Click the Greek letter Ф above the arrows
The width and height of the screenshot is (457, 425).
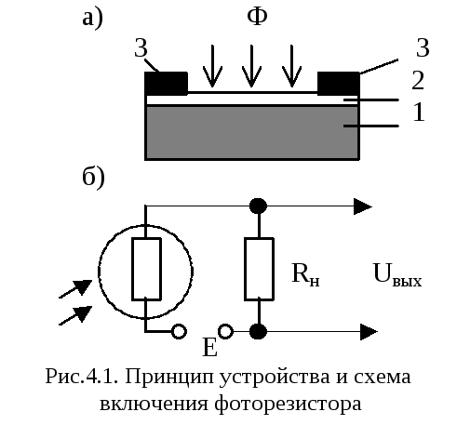click(257, 16)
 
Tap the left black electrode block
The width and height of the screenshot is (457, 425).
click(167, 84)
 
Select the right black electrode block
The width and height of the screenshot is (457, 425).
click(339, 84)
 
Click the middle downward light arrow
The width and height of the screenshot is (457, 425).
click(251, 66)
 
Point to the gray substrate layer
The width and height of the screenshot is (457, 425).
click(251, 133)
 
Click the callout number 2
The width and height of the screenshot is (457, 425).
click(418, 80)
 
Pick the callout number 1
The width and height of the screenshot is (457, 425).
click(419, 112)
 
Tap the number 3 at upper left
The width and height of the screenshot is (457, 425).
click(141, 48)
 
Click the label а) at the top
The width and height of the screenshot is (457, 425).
click(92, 18)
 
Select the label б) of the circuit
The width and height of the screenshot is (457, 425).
click(93, 179)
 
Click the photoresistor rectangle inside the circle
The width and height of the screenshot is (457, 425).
click(146, 269)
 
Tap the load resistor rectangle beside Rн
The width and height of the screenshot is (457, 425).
click(259, 269)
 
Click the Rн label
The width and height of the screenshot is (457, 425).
click(305, 274)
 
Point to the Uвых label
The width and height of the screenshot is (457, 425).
click(397, 274)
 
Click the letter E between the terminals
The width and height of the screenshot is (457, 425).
click(209, 347)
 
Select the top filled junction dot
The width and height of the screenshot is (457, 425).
click(258, 206)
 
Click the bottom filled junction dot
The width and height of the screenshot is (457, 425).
click(258, 331)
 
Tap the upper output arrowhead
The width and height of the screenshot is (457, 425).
click(363, 206)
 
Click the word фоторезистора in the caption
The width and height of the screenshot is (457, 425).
click(288, 404)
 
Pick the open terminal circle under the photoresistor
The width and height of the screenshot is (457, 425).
click(179, 331)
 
